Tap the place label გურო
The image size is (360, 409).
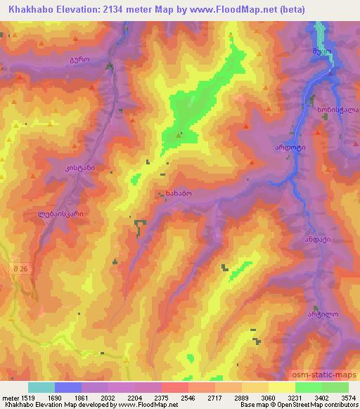click(x=79, y=60)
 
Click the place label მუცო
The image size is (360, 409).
click(x=321, y=51)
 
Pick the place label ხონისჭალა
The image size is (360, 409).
click(x=337, y=110)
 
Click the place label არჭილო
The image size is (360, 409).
click(x=323, y=316)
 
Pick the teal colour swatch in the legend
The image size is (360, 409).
click(x=41, y=387)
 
